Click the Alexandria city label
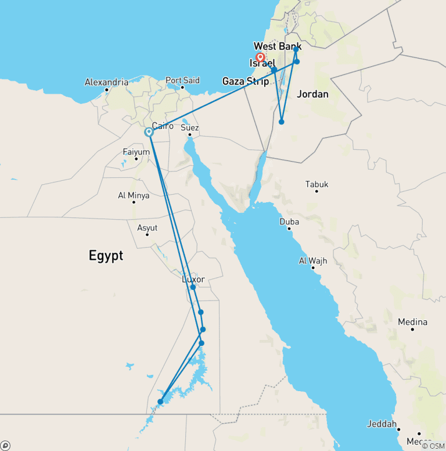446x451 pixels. click(106, 83)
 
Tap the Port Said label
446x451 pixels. click(182, 80)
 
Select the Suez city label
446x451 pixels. click(190, 128)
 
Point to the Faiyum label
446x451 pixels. click(136, 152)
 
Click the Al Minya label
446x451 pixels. click(134, 196)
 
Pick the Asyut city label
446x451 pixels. click(147, 228)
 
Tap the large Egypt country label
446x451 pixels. click(106, 255)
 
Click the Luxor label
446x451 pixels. click(193, 279)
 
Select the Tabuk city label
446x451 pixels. click(317, 184)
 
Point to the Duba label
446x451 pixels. click(289, 222)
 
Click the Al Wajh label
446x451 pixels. click(313, 261)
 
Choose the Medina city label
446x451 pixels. click(412, 322)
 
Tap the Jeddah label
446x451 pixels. click(382, 424)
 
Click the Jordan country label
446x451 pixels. click(312, 94)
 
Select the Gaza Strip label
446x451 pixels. click(246, 81)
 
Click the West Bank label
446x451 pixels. click(277, 46)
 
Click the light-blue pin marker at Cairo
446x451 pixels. click(149, 133)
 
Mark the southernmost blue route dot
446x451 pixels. click(160, 401)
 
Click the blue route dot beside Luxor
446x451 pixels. click(193, 287)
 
